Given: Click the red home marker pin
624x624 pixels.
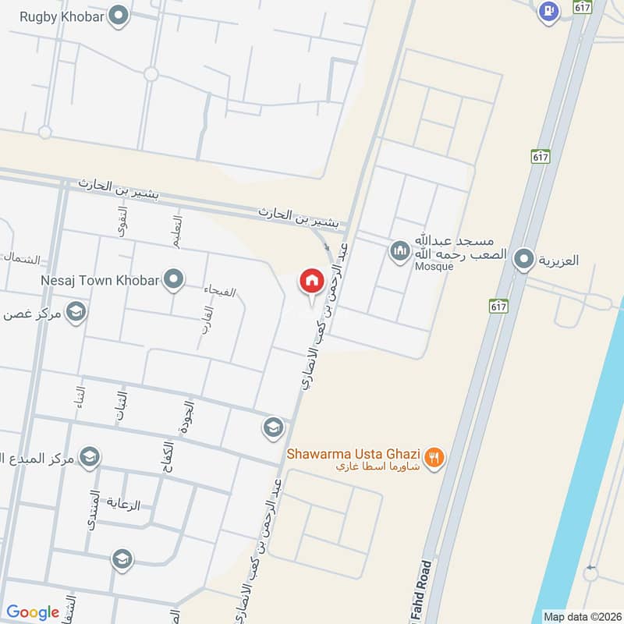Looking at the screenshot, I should pyautogui.click(x=311, y=282).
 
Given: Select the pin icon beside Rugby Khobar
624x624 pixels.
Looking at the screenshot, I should pyautogui.click(x=119, y=16).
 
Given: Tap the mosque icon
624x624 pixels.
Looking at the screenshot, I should pyautogui.click(x=400, y=250).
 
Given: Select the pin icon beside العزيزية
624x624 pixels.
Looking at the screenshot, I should pyautogui.click(x=525, y=259).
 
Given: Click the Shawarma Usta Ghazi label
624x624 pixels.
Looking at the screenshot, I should pyautogui.click(x=354, y=453).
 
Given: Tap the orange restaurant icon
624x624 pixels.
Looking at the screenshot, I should pyautogui.click(x=435, y=458).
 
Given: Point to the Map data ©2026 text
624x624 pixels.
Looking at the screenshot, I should pyautogui.click(x=581, y=616).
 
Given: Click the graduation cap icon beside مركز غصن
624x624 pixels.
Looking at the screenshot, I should pyautogui.click(x=76, y=313).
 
